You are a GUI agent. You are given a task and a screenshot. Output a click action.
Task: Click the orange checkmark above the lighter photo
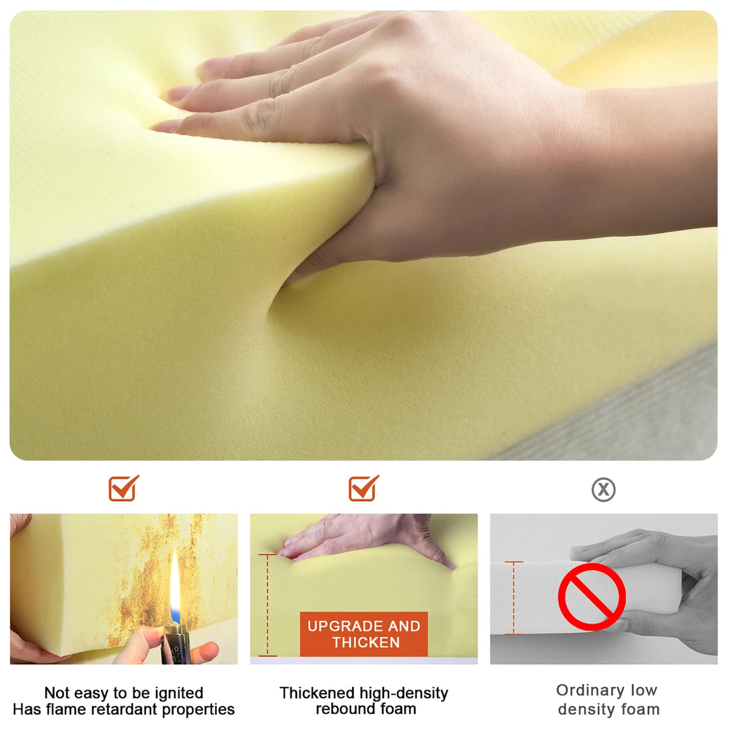point(124,488)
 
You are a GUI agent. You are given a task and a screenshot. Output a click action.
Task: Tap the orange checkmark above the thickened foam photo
point(363,488)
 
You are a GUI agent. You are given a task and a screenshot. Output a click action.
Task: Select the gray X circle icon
point(603,490)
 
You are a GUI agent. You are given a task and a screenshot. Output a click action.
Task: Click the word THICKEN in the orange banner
point(366,642)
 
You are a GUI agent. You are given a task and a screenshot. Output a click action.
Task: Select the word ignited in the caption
point(178,693)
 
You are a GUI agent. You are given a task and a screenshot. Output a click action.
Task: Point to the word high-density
point(403,693)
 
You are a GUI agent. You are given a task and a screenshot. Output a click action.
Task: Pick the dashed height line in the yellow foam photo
point(267,605)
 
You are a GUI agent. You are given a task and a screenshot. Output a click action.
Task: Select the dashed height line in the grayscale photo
point(514,598)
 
